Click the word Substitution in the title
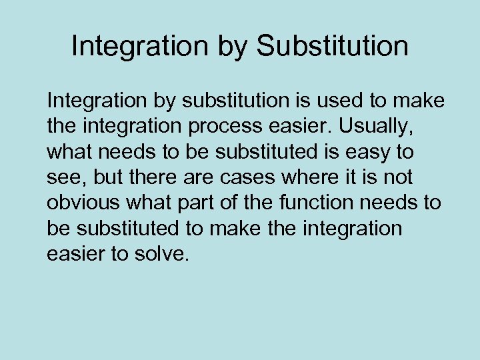click(332, 47)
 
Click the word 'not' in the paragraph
click(398, 177)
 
